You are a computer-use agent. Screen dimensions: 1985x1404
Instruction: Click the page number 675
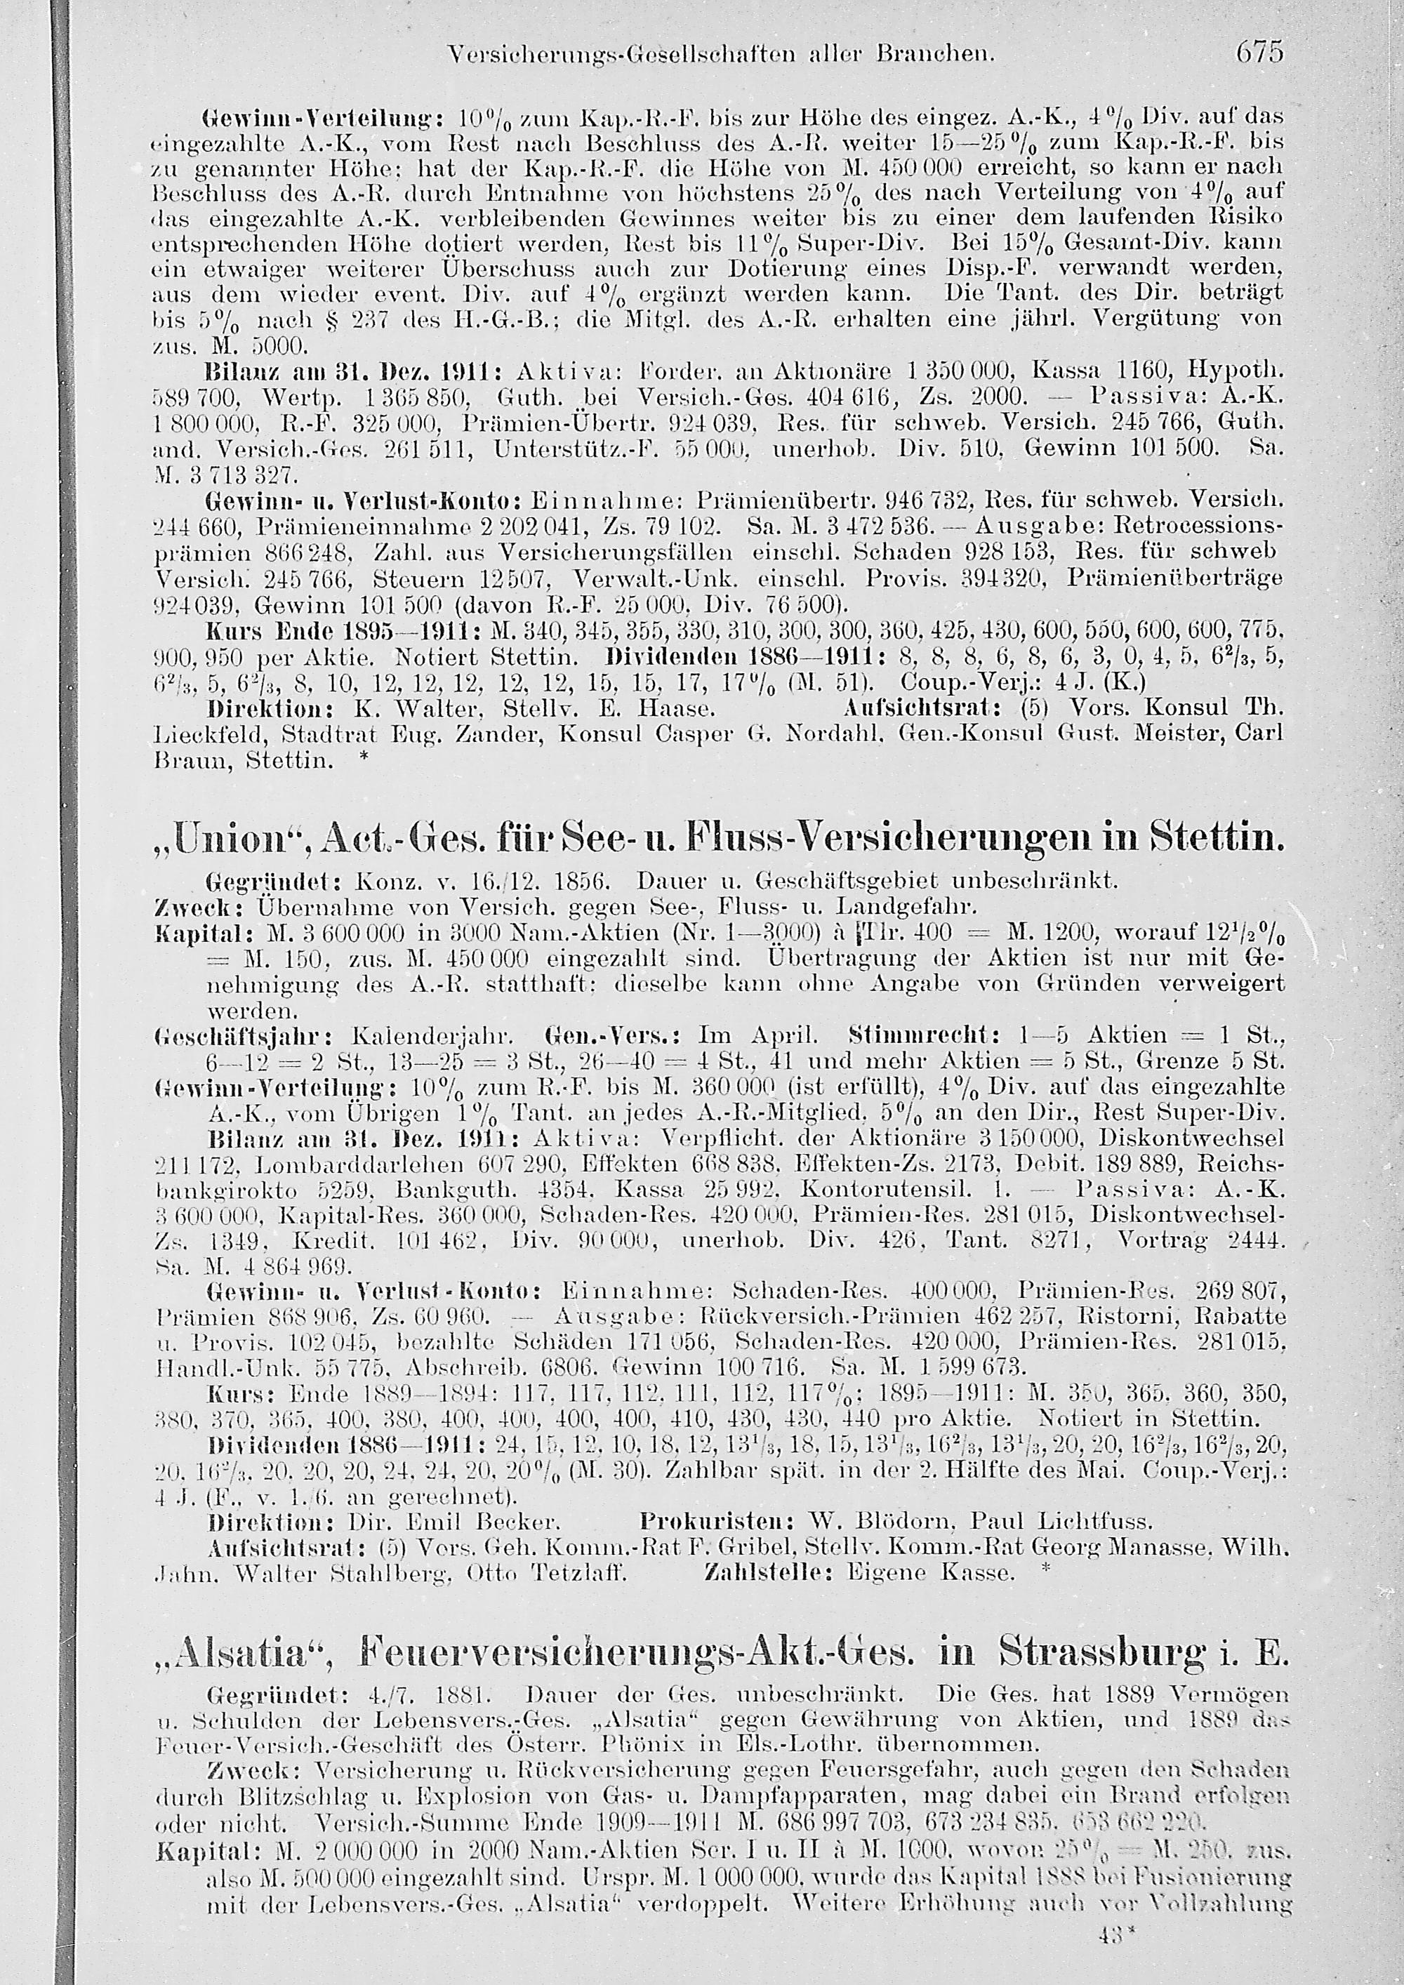click(x=1259, y=52)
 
